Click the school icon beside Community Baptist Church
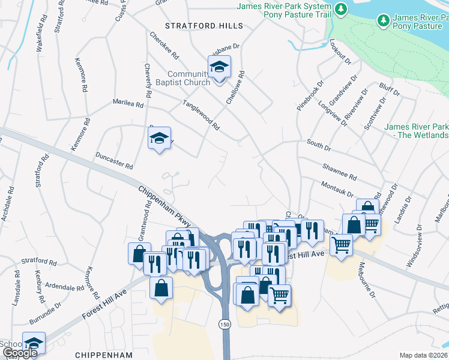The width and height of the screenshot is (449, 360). pos(219,67)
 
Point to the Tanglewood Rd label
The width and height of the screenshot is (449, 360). pos(201,115)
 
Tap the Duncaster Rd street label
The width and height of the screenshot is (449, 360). pos(113,161)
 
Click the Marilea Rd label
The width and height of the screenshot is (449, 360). pos(128,103)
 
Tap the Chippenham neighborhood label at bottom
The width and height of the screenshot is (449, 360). pos(99,355)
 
